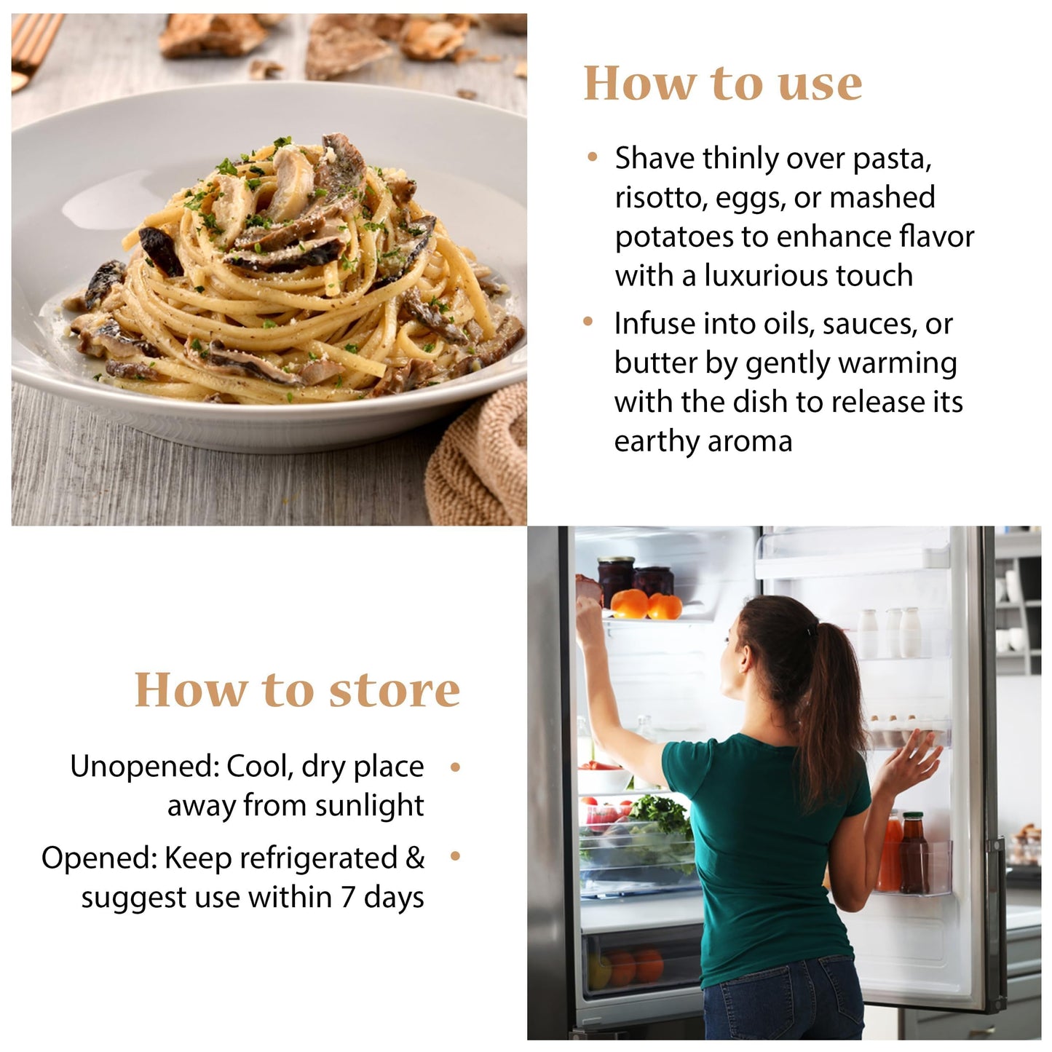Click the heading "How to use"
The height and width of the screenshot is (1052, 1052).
(722, 84)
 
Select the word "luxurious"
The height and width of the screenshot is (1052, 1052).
(766, 275)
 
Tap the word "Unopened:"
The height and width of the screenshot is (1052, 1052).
(145, 767)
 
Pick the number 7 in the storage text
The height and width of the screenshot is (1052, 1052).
(348, 897)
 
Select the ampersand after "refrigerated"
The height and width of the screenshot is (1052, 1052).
(415, 858)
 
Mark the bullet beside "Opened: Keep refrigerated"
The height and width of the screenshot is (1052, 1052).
(455, 856)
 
